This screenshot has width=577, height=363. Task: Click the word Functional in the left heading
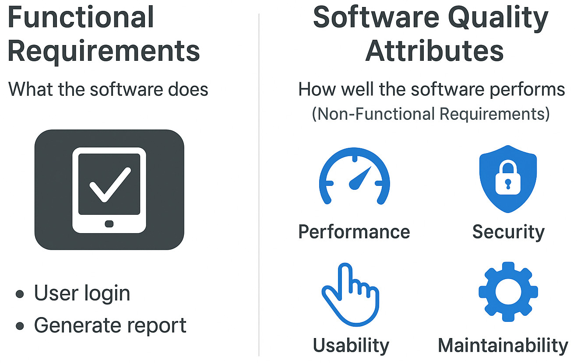pyautogui.click(x=81, y=17)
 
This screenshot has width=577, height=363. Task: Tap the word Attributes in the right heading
pyautogui.click(x=434, y=51)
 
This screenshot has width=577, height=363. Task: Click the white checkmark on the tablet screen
pyautogui.click(x=110, y=185)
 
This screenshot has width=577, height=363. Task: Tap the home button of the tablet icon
pyautogui.click(x=109, y=224)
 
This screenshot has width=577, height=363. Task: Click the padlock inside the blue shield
pyautogui.click(x=508, y=177)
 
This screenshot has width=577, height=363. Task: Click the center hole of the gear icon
pyautogui.click(x=508, y=292)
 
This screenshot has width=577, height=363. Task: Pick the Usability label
pyautogui.click(x=351, y=346)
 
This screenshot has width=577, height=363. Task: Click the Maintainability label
pyautogui.click(x=503, y=346)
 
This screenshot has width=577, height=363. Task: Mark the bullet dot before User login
pyautogui.click(x=20, y=294)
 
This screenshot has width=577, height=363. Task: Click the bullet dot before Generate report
pyautogui.click(x=20, y=326)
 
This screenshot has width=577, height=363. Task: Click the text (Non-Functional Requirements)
pyautogui.click(x=431, y=114)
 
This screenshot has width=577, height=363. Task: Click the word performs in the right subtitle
pyautogui.click(x=527, y=90)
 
